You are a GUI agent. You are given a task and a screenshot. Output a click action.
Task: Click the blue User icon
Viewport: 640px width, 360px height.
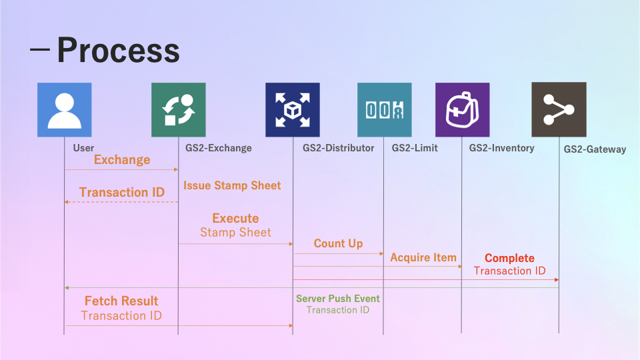[65, 110]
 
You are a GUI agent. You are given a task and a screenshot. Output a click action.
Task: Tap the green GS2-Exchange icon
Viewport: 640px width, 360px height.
[179, 110]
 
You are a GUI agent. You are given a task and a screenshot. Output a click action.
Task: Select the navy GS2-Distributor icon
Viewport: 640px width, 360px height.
[293, 110]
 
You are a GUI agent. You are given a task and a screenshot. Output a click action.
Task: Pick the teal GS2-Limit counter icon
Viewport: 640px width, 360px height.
[385, 110]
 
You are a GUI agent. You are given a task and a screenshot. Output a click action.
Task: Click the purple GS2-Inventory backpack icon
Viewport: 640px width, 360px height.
[463, 110]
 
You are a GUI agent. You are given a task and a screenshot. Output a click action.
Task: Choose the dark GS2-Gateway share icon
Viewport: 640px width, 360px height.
[559, 109]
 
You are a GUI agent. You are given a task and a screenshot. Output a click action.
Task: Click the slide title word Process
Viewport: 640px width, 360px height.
[119, 50]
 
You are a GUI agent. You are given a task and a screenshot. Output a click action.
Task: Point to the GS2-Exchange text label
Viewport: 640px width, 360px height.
[219, 148]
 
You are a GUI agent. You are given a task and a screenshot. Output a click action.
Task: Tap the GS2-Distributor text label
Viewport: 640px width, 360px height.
[339, 148]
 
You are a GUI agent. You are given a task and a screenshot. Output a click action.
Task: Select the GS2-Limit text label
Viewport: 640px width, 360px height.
[415, 148]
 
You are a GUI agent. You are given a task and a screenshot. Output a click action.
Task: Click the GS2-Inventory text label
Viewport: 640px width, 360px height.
[501, 148]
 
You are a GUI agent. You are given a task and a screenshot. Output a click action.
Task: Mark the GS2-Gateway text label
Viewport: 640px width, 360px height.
[595, 149]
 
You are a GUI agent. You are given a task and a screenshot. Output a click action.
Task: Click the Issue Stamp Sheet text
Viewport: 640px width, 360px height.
[232, 186]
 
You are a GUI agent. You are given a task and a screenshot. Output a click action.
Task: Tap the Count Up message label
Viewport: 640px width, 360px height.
[339, 244]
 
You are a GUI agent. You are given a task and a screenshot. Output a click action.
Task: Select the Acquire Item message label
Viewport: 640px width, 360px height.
[423, 257]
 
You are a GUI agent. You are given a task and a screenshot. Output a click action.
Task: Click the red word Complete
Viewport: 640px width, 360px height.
[509, 258]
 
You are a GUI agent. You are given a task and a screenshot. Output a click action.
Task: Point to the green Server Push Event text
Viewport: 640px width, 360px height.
[338, 299]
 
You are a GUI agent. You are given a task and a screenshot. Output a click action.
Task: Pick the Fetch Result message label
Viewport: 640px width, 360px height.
[121, 301]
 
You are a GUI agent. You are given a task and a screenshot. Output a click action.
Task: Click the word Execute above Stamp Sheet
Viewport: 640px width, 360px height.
[235, 219]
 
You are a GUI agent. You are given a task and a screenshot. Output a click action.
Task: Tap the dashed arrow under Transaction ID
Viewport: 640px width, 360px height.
[121, 202]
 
